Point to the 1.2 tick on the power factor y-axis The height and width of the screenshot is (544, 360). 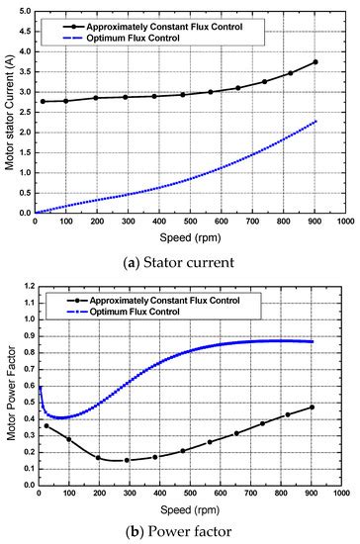click(x=26, y=287)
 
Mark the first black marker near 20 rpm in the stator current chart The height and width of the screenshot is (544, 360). click(x=43, y=101)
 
